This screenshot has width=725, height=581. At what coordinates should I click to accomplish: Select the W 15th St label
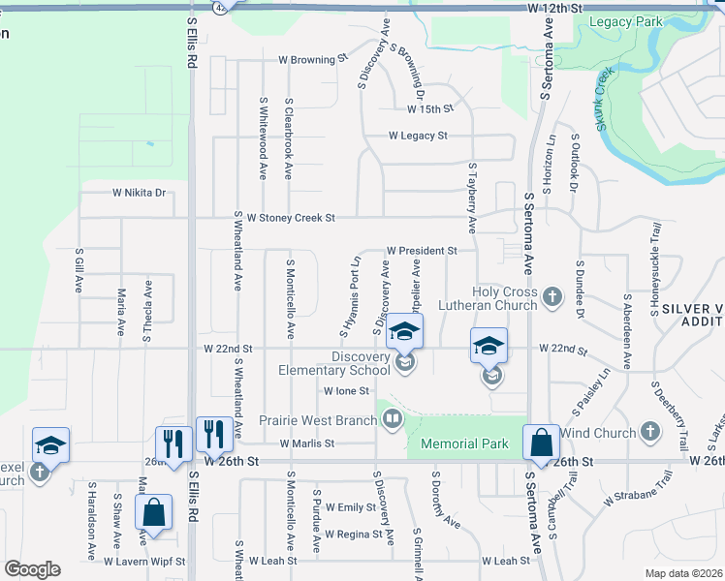[x=428, y=109]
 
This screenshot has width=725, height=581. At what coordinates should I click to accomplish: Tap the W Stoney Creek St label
[x=290, y=219]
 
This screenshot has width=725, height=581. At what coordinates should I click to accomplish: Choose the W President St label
[x=422, y=251]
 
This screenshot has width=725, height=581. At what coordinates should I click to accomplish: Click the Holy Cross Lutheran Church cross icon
[x=552, y=296]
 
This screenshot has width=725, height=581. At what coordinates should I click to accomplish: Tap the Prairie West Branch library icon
[x=393, y=419]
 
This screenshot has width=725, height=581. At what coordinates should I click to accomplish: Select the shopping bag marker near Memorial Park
[x=541, y=443]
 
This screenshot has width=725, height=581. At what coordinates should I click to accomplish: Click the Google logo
[x=32, y=569]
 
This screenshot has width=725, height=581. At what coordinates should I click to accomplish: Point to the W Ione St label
[x=346, y=391]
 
